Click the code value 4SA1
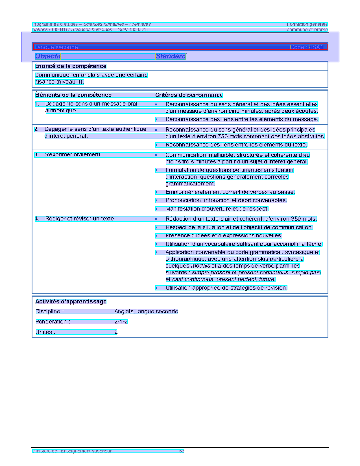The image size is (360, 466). tap(316, 47)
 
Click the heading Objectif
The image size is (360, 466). tap(48, 56)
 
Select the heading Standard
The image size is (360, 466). tap(171, 56)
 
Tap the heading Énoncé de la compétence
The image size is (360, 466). tap(71, 66)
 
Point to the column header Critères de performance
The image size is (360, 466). tap(189, 95)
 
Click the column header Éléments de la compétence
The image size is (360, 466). tap(73, 95)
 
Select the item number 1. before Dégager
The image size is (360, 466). tap(37, 104)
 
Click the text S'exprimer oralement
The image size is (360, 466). tap(73, 155)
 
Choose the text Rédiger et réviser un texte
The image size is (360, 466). tap(80, 219)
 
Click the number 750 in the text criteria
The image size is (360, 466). tap(223, 137)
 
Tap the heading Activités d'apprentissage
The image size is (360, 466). tap(71, 301)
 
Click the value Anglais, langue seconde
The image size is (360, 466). tap(146, 312)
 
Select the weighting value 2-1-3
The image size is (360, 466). tap(121, 322)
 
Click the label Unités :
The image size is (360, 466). tap(45, 332)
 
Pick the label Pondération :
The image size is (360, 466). tap(53, 322)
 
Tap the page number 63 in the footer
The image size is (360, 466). tap(182, 451)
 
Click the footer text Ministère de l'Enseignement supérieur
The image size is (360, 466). tap(72, 451)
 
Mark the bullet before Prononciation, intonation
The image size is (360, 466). tap(156, 200)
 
